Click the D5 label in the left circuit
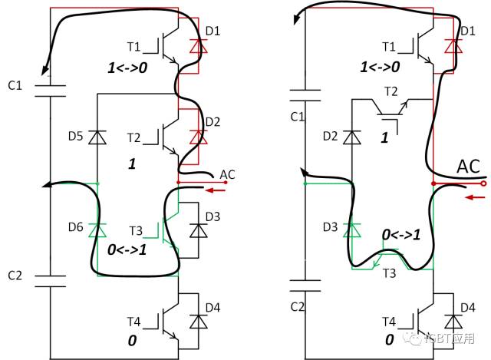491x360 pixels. coord(76,137)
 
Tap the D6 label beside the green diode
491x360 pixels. coord(76,227)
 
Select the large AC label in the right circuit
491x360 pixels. coord(470,167)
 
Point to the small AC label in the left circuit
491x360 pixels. coord(227,175)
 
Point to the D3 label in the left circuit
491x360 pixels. coord(213,218)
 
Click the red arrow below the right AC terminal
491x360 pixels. coord(475,197)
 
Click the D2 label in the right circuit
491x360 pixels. coord(331,136)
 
